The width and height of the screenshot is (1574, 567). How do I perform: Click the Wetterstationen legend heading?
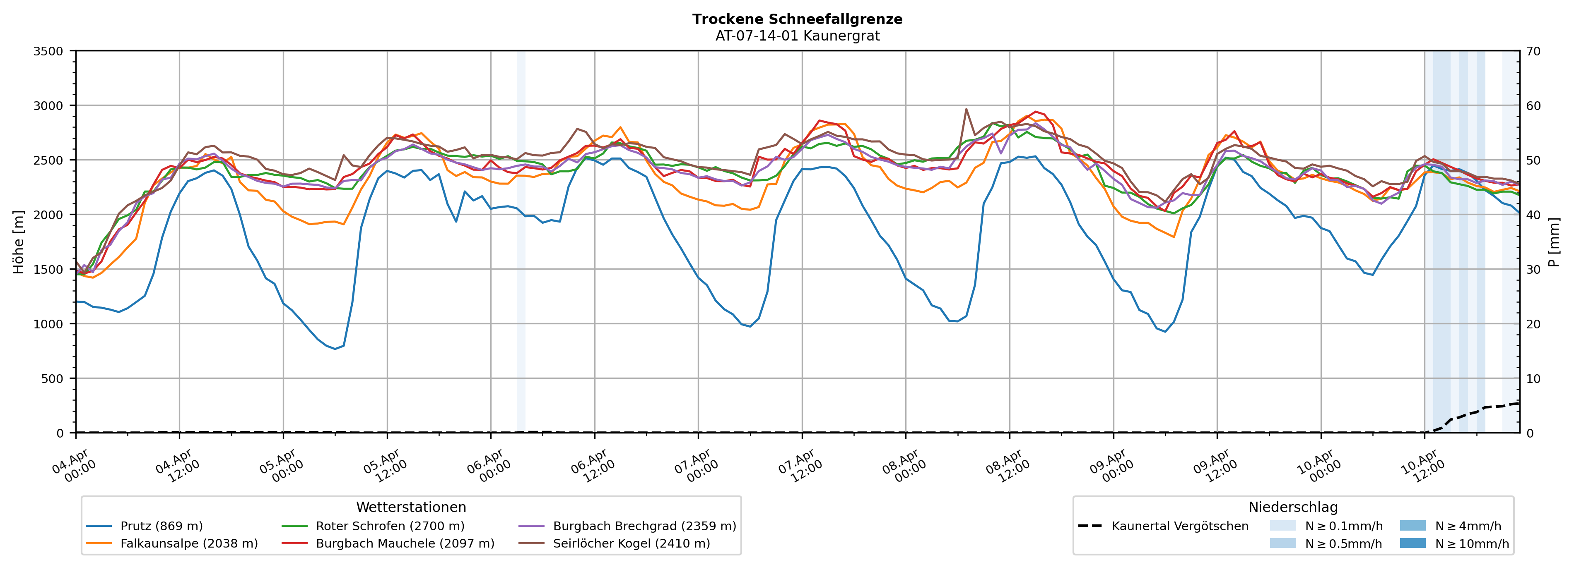(411, 507)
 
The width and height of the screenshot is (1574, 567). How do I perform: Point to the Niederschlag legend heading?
(1293, 507)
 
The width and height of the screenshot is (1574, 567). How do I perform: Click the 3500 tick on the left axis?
(48, 51)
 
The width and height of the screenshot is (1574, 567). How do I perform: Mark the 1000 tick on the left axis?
(48, 324)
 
